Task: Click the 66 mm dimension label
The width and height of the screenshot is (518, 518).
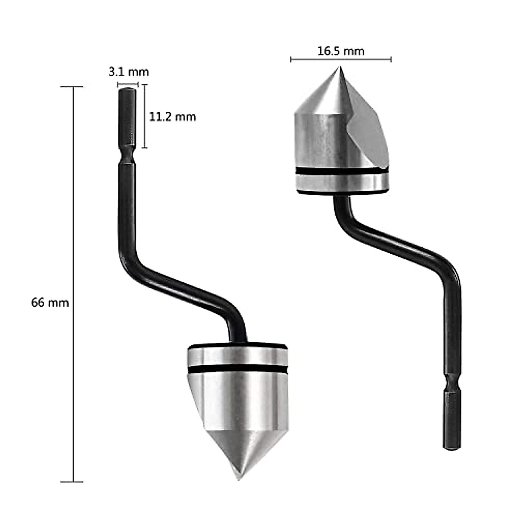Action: click(50, 303)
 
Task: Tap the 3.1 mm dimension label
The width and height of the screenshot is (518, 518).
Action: click(129, 72)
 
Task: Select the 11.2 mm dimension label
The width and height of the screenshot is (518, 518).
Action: click(172, 117)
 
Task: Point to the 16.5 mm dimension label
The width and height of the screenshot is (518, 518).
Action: click(341, 51)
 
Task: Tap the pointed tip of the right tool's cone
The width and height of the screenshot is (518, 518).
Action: click(340, 67)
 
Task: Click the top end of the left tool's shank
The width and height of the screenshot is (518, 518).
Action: click(127, 89)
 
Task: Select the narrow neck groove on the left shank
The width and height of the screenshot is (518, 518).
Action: click(127, 155)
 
